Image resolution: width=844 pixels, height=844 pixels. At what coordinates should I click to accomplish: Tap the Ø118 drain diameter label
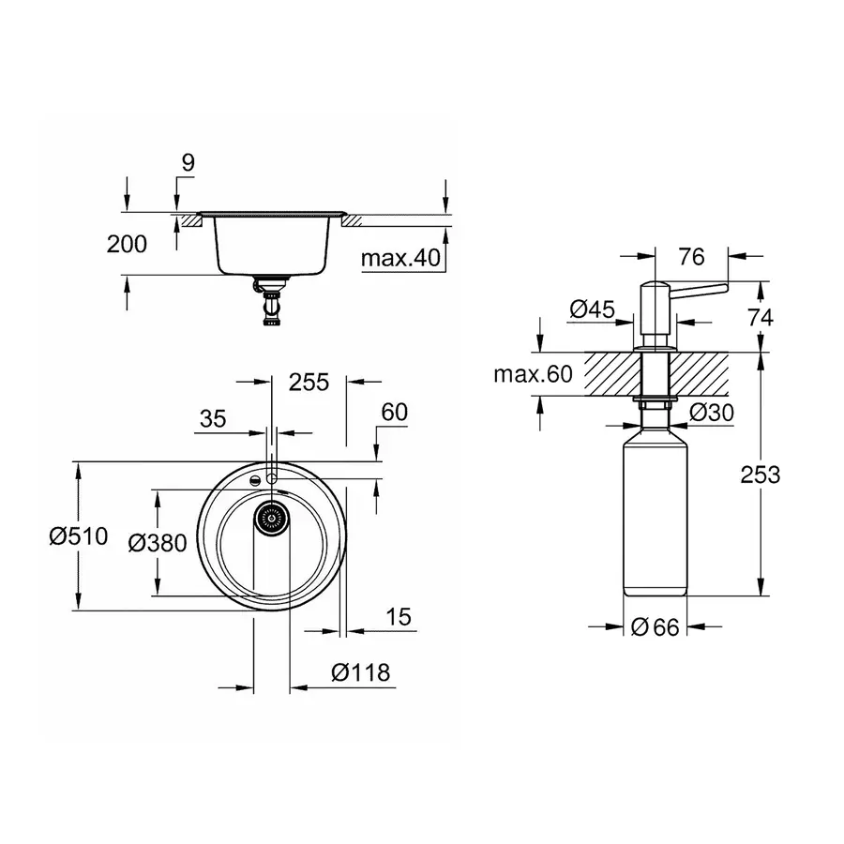click(360, 672)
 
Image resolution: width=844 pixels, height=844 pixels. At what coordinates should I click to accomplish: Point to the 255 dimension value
click(309, 382)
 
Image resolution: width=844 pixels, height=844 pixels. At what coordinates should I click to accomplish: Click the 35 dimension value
click(214, 419)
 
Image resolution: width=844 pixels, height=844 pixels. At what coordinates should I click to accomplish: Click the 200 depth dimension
click(127, 245)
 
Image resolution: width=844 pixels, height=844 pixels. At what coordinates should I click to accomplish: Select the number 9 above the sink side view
click(188, 162)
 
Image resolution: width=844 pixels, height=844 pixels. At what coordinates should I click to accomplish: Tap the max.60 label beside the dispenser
click(532, 375)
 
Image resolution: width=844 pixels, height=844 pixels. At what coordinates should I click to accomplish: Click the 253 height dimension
click(759, 475)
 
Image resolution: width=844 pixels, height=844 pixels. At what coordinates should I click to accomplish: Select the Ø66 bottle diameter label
click(655, 627)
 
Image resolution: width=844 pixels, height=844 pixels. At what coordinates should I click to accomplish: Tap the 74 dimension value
click(760, 317)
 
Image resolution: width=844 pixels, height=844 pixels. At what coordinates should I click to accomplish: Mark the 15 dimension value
click(398, 617)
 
